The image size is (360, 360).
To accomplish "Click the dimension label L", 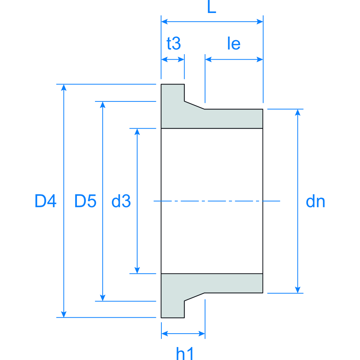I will pyautogui.click(x=212, y=8).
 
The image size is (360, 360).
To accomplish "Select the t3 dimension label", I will pyautogui.click(x=173, y=44).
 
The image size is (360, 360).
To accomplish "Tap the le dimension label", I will pyautogui.click(x=234, y=44).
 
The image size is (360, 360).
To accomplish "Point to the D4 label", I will pyautogui.click(x=45, y=201).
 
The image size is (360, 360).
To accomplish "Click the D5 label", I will pyautogui.click(x=85, y=201).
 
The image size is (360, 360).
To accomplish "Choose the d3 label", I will pyautogui.click(x=121, y=201).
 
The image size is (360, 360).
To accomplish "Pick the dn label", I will pyautogui.click(x=315, y=201).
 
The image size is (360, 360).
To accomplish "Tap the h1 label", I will pyautogui.click(x=186, y=354).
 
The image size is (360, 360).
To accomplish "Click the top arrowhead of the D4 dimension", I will pyautogui.click(x=64, y=87).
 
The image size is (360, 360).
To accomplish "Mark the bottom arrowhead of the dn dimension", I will pyautogui.click(x=298, y=290).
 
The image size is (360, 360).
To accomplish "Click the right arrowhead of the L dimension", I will pyautogui.click(x=260, y=22).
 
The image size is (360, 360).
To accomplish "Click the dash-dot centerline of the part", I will pyautogui.click(x=217, y=201).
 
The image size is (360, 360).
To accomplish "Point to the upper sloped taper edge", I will pyautogui.click(x=195, y=105).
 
